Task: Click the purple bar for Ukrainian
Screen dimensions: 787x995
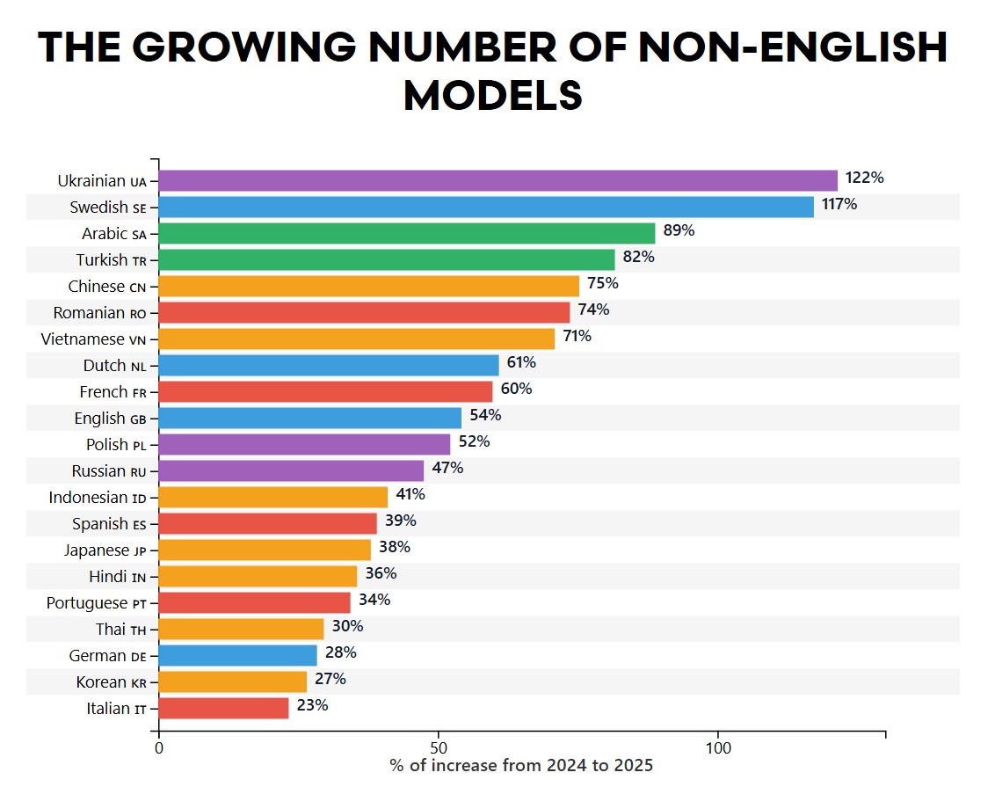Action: (x=498, y=180)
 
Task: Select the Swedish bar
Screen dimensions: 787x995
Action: (x=486, y=207)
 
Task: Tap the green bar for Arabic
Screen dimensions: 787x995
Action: (x=407, y=233)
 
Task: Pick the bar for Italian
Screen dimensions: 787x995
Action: (x=223, y=708)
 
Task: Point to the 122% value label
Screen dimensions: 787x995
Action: (x=864, y=178)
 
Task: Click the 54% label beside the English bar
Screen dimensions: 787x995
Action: (x=484, y=415)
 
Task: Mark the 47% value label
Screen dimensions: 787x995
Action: (x=447, y=468)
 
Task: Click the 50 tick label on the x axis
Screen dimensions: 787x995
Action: (x=438, y=748)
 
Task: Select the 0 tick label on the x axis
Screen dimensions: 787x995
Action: (x=159, y=748)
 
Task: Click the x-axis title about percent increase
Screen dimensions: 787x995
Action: (x=521, y=766)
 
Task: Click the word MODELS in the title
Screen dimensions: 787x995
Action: (x=493, y=94)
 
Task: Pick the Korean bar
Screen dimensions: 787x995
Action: (x=233, y=681)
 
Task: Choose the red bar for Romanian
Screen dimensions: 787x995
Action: (x=364, y=312)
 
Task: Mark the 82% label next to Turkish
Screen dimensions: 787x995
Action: (x=639, y=257)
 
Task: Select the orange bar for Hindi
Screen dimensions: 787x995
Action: (x=258, y=576)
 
